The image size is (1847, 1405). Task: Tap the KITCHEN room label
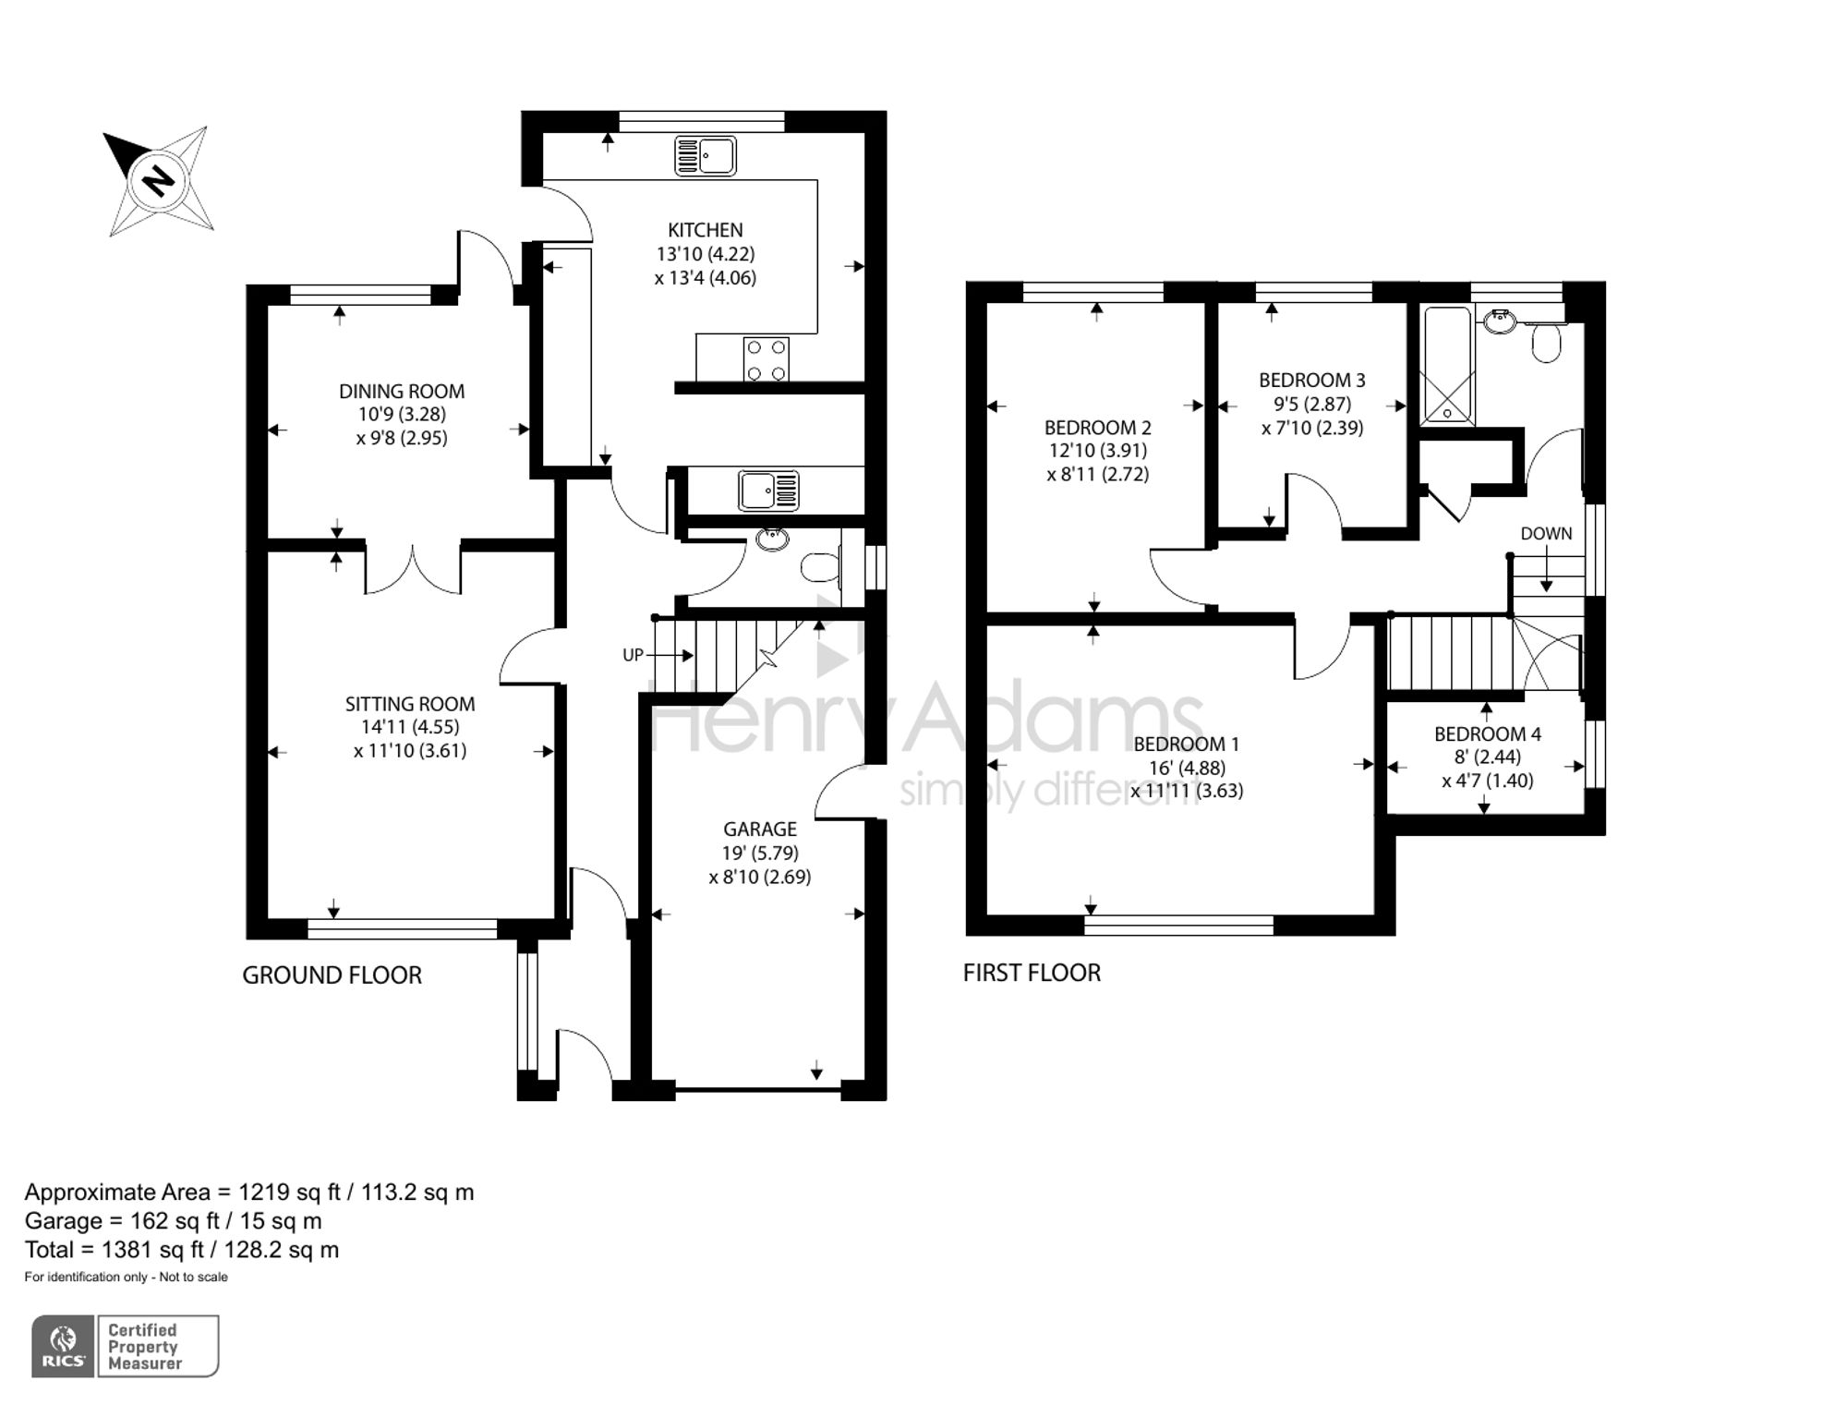click(x=706, y=230)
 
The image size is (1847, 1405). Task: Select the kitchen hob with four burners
click(x=767, y=359)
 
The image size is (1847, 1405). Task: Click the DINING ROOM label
click(x=402, y=391)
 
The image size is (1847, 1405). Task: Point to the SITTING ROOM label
click(x=410, y=704)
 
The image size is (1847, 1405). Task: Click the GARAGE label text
click(x=760, y=830)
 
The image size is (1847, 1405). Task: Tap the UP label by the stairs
click(x=633, y=655)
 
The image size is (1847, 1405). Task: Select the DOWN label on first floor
click(x=1546, y=533)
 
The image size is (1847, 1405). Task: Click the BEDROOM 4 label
click(x=1488, y=734)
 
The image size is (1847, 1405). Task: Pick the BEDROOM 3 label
click(x=1312, y=380)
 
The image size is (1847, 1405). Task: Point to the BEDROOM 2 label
click(x=1098, y=428)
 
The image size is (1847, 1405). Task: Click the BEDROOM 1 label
click(x=1187, y=744)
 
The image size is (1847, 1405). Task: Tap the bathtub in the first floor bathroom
click(x=1446, y=366)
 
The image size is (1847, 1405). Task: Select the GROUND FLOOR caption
click(x=332, y=975)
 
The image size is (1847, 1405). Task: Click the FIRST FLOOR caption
click(x=1032, y=973)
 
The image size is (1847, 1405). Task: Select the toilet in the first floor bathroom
click(x=1546, y=339)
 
